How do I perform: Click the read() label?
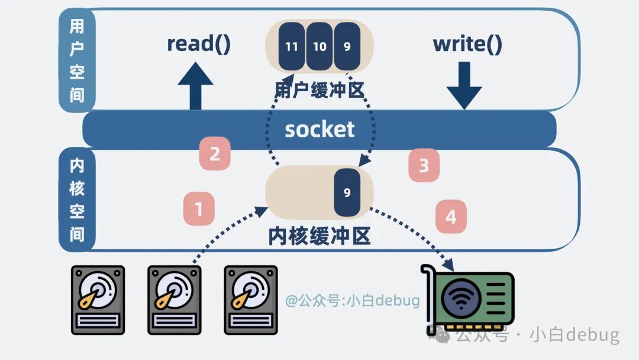(x=199, y=44)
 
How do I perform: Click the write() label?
(x=467, y=44)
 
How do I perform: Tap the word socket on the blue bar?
(x=319, y=129)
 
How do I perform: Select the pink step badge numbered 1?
(x=199, y=209)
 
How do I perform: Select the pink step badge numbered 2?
(x=215, y=155)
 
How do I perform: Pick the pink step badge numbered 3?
(x=424, y=166)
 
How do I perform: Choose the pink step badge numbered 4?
(x=451, y=217)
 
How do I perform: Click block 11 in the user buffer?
(x=292, y=46)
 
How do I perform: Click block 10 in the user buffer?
(x=319, y=46)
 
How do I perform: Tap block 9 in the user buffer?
(x=347, y=46)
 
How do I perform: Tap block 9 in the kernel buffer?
(x=347, y=192)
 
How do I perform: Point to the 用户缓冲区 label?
(x=319, y=91)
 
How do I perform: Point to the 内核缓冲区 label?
(x=319, y=236)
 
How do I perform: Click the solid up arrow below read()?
(x=195, y=86)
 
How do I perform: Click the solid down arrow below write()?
(x=464, y=86)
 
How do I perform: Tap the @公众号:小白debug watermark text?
(x=353, y=301)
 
